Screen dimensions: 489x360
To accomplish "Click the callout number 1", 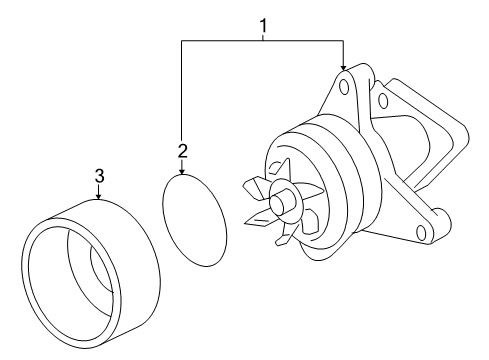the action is [263, 26].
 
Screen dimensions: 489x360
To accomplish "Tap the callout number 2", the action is [183, 151].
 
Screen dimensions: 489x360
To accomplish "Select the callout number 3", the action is [99, 176].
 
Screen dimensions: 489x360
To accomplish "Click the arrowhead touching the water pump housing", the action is [343, 68].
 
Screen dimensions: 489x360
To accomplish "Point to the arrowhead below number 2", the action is [182, 172].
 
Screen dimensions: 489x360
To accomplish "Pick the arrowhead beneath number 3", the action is [98, 197].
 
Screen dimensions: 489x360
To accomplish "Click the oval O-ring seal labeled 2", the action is [194, 220].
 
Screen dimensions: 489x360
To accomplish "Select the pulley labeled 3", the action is [91, 274].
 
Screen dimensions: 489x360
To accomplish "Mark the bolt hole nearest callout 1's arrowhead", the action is [344, 87].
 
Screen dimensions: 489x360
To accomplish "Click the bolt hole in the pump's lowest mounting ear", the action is [421, 232].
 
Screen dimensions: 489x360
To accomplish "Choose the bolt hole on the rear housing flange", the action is [383, 100].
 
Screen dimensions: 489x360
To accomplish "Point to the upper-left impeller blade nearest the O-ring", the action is [255, 187].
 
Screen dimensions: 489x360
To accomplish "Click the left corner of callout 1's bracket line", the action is [182, 41].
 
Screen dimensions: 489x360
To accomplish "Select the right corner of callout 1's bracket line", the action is [343, 41].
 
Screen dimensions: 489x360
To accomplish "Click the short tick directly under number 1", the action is [263, 37].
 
